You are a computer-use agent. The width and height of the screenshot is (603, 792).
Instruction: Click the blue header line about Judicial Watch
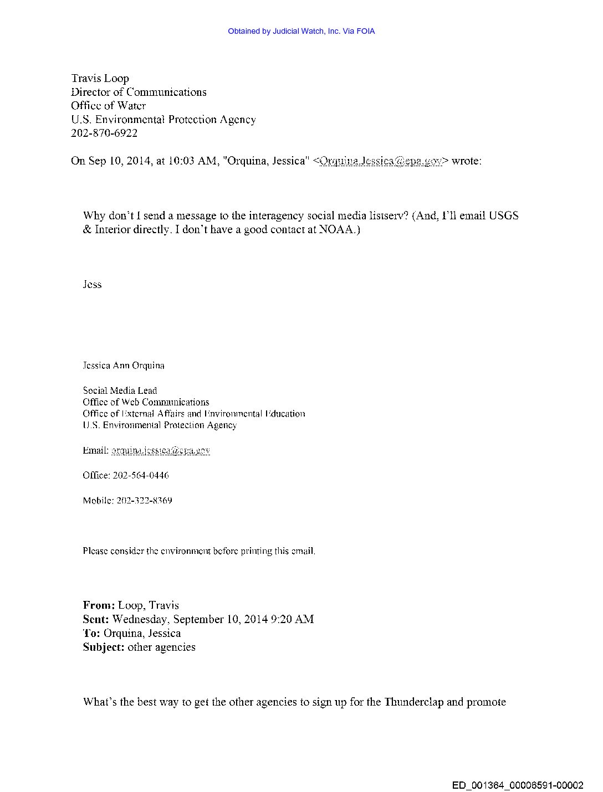click(301, 31)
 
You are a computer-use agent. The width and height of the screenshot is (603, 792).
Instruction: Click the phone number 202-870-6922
click(104, 133)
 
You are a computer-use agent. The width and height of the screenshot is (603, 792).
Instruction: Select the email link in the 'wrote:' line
click(380, 161)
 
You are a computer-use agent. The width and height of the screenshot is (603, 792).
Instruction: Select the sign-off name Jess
click(92, 284)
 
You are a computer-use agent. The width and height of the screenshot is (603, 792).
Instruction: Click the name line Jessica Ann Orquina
click(124, 366)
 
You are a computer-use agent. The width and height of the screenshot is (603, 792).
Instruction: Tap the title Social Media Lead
click(120, 390)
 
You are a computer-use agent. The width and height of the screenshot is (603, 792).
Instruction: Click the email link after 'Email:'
click(161, 450)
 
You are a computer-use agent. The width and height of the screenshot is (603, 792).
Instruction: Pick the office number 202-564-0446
click(141, 475)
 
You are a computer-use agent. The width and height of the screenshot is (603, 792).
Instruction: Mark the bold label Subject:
click(104, 647)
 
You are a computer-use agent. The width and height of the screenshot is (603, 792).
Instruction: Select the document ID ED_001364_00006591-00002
click(518, 785)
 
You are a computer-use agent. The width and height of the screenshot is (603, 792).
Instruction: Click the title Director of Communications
click(139, 92)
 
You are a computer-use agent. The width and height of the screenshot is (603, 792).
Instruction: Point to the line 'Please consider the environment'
click(199, 551)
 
